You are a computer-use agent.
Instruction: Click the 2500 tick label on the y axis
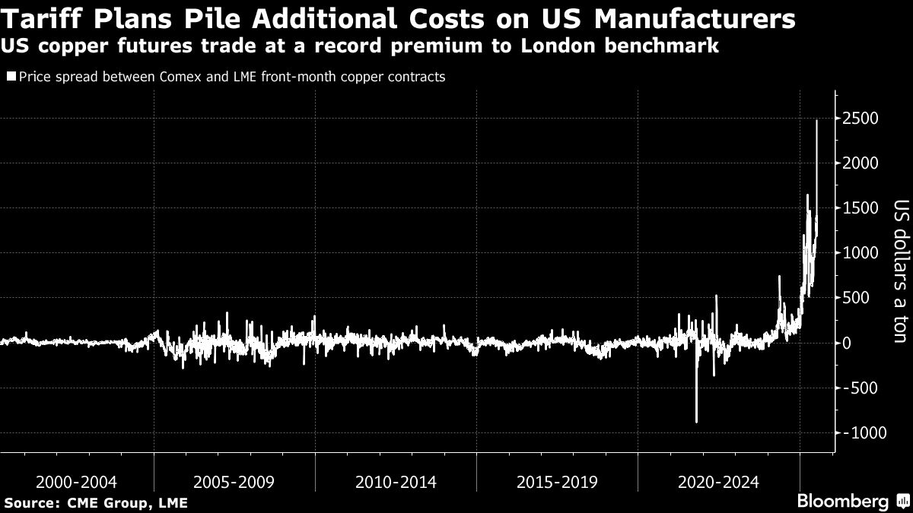click(860, 119)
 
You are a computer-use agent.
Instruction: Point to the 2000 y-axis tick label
click(860, 163)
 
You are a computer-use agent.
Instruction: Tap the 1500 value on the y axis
click(860, 208)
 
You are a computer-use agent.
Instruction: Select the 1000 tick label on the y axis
click(860, 253)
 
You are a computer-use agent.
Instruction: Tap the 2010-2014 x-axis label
click(396, 482)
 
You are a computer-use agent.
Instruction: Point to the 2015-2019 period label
click(558, 482)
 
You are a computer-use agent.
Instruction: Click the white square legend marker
click(11, 77)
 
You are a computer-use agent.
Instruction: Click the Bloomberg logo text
click(842, 502)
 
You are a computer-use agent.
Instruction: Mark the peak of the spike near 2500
click(816, 120)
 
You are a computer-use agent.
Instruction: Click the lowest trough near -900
click(696, 422)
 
